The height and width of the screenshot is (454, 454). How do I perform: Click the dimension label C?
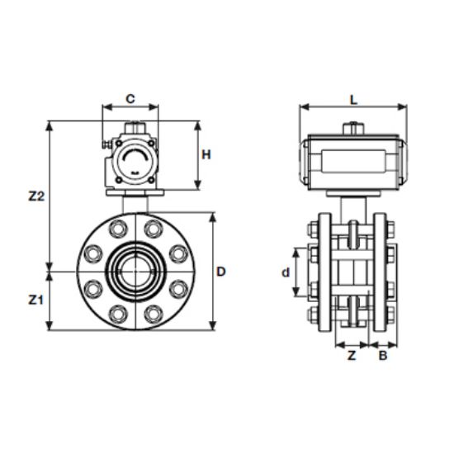click(130, 98)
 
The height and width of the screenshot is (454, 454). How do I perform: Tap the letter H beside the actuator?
click(208, 154)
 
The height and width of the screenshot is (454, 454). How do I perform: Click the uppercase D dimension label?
click(221, 272)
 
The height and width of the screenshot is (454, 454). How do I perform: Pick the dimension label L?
click(353, 99)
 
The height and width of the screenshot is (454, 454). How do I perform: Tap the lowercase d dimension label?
click(283, 272)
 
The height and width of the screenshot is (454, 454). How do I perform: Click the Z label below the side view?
click(351, 356)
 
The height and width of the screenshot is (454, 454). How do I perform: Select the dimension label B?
click(382, 356)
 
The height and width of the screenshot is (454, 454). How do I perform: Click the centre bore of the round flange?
click(131, 271)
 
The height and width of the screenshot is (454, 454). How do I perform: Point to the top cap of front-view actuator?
click(131, 128)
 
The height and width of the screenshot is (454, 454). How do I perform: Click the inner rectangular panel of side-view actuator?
click(353, 163)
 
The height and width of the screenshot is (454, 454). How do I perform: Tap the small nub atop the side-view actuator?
click(353, 128)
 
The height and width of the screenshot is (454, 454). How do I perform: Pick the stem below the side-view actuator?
click(353, 206)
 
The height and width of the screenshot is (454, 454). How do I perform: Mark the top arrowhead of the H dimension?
click(197, 125)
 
